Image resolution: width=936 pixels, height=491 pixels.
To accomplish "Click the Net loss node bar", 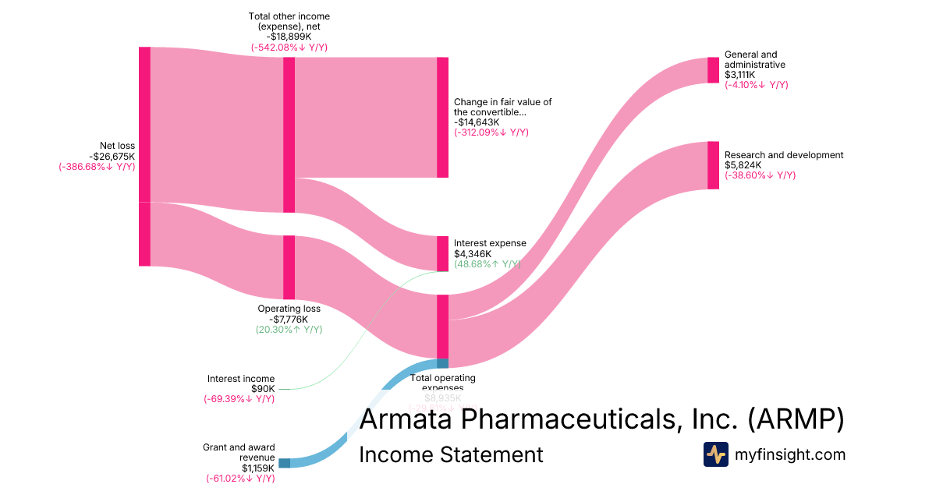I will click(144, 156).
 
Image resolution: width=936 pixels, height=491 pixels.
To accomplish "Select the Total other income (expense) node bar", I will click(289, 134).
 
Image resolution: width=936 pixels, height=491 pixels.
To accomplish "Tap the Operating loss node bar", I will click(289, 267).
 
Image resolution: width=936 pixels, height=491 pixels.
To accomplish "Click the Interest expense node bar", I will click(443, 253).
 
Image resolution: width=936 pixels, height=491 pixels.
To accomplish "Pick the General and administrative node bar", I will click(713, 70).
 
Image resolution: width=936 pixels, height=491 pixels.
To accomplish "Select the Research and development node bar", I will click(713, 165).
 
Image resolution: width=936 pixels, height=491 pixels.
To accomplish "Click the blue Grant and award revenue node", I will click(284, 463).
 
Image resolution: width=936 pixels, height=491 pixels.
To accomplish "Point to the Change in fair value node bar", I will click(443, 117).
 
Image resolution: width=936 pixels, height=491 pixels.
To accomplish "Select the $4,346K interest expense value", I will click(473, 254).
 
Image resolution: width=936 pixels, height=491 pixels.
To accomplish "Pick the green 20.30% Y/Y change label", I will click(289, 330).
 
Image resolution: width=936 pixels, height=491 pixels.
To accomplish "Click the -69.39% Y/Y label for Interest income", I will click(239, 399).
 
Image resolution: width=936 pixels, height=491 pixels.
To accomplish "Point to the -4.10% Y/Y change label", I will click(756, 85).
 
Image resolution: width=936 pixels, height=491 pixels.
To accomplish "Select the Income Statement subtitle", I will click(451, 455).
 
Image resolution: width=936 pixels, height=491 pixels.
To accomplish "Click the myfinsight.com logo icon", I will click(715, 454).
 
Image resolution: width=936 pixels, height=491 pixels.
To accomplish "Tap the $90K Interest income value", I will click(262, 389).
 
